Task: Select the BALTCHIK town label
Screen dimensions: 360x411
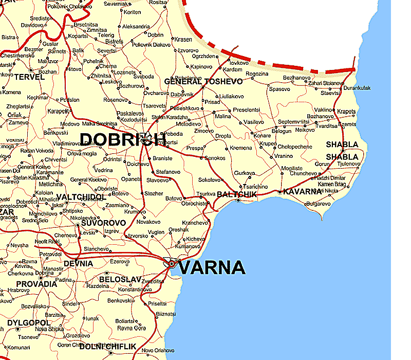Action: [x=237, y=194]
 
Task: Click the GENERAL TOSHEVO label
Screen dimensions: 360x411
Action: [x=203, y=82]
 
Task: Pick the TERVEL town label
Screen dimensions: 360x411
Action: [x=26, y=77]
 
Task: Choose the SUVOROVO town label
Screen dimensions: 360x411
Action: [x=104, y=223]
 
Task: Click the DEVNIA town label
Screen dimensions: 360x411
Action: [x=79, y=264]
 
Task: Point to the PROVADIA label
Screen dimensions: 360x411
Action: [x=36, y=284]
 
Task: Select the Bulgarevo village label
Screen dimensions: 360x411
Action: [x=318, y=204]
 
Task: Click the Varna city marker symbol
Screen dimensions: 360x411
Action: [x=172, y=264]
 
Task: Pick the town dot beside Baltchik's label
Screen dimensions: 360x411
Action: [x=238, y=201]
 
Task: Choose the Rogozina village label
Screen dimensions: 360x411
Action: [x=257, y=74]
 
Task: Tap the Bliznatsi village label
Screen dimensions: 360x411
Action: [x=166, y=314]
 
